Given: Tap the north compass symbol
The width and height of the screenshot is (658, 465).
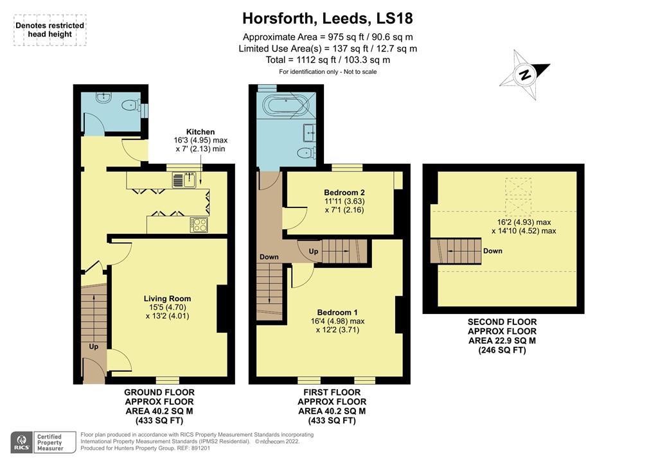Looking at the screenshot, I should coord(525,76).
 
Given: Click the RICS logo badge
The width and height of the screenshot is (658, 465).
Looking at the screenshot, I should coord(22,441).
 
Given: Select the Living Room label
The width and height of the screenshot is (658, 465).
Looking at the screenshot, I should coord(167,299).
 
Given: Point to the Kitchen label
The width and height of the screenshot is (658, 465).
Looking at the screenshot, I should coord(200,132).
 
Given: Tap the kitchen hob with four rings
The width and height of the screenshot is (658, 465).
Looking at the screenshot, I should coord(199,225).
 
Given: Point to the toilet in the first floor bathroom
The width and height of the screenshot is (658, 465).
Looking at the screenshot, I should coord(307,152).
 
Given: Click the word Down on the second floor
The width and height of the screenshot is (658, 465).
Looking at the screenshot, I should coord(493,251).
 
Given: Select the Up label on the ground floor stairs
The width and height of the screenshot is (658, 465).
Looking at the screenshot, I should coord(94,346).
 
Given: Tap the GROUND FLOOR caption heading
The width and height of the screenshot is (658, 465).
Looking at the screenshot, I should coord(159,392).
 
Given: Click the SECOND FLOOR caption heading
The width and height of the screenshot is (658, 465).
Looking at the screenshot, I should coord(502,322).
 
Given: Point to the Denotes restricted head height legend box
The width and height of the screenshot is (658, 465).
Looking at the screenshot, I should coord(49,30).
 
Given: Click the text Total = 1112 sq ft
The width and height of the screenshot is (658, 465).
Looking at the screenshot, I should coord(328,60).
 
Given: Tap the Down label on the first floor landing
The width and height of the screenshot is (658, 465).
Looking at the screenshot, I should coord(269,257).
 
